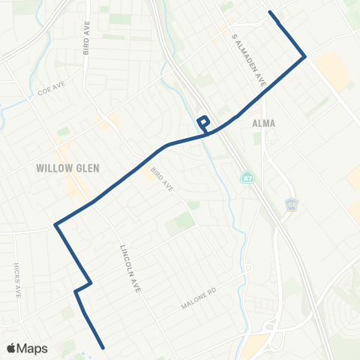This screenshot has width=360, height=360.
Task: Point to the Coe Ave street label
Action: pos(52,94)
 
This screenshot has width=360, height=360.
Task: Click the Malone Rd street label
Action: pos(198,299)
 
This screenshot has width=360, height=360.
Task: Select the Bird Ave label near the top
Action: pos(87,44)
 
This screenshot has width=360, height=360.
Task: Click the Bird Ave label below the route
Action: pos(161,179)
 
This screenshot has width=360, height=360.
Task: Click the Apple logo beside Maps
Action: pos(13,348)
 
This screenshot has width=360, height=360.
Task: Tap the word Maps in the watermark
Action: pos(33,348)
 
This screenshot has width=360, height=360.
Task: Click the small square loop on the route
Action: pos(202,122)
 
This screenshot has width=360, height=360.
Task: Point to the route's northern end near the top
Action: pos(270,12)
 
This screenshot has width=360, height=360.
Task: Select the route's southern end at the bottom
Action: pos(101,347)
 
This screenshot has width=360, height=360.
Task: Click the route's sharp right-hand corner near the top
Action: pos(304,56)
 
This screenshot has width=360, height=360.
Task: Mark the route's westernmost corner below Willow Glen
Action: pos(55,223)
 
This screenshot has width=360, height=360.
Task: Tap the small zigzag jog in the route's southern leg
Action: pos(83,286)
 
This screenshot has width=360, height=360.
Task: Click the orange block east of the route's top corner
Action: pos(332,71)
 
